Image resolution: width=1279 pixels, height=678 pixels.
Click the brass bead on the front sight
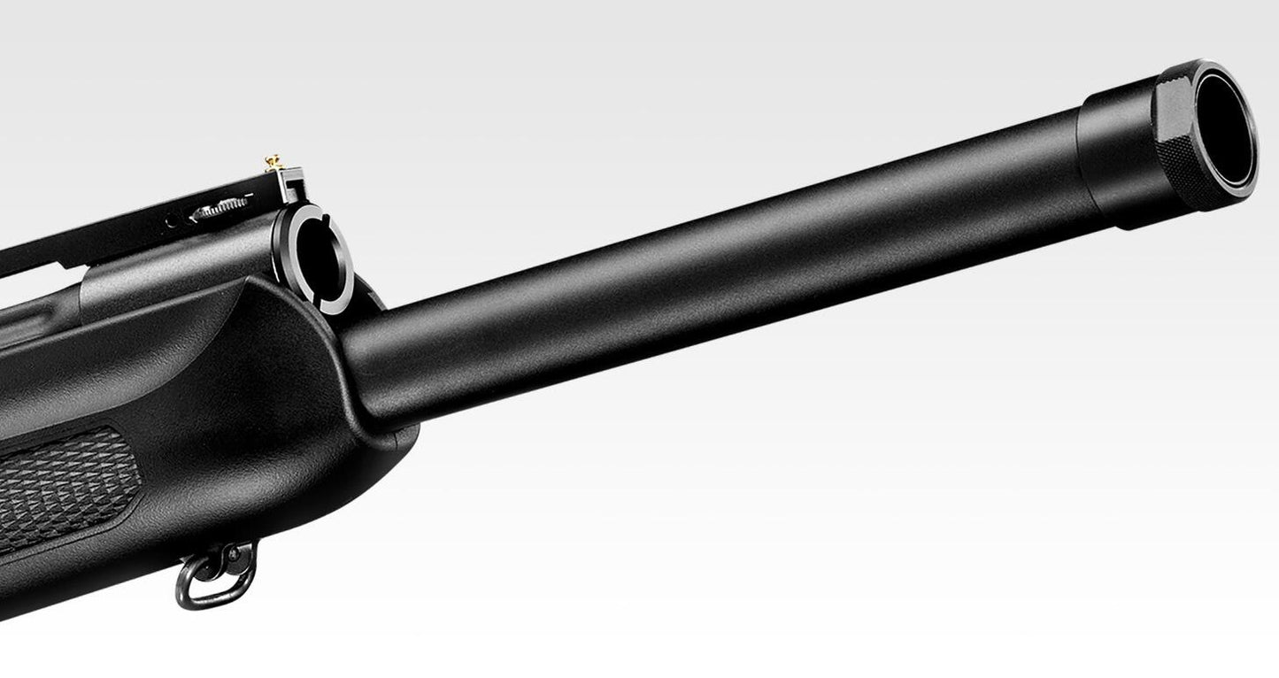click(x=273, y=161)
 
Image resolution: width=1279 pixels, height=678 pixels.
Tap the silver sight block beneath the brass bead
click(x=289, y=184)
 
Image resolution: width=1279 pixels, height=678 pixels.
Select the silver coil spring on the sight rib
click(x=219, y=207)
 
